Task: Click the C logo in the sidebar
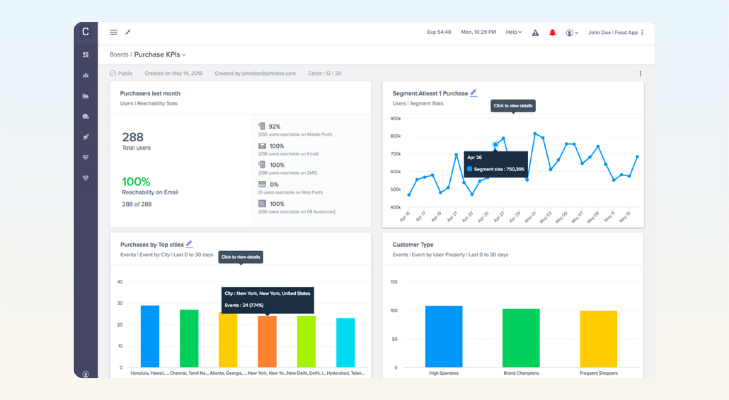[x=86, y=32]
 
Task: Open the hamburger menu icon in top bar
[x=113, y=32]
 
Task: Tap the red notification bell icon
[x=552, y=32]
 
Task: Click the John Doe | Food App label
[x=614, y=32]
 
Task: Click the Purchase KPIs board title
[x=159, y=54]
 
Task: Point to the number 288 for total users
[x=134, y=136]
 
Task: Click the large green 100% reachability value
[x=137, y=182]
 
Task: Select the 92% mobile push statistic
[x=274, y=127]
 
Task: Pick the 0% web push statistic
[x=274, y=184]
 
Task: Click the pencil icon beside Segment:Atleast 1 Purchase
[x=474, y=92]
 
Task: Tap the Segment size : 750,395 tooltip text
[x=499, y=168]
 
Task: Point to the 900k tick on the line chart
[x=395, y=118]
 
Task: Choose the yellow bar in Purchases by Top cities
[x=228, y=342]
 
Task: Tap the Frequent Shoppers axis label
[x=598, y=372]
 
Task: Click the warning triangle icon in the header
[x=535, y=32]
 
